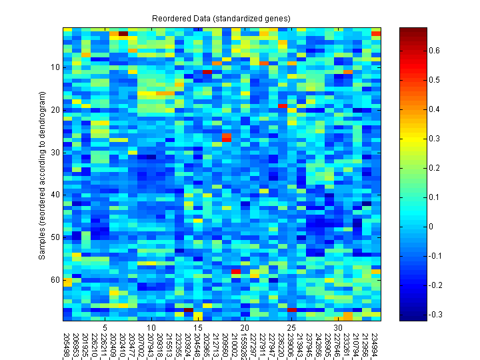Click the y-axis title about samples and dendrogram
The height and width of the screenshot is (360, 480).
[x=43, y=173]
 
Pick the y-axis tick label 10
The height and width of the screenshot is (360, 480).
[x=55, y=67]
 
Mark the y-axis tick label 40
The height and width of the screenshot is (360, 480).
[x=55, y=195]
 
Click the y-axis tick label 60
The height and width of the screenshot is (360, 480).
[x=55, y=280]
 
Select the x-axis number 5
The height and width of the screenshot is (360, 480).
[x=105, y=328]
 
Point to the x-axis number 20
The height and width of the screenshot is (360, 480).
[x=245, y=328]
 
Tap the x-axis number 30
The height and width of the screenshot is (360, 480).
[x=339, y=328]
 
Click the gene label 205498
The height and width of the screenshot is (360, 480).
[x=67, y=345]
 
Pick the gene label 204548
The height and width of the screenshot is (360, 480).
[x=197, y=345]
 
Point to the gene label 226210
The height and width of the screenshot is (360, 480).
[x=95, y=345]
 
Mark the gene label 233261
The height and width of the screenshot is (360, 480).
[x=348, y=345]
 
